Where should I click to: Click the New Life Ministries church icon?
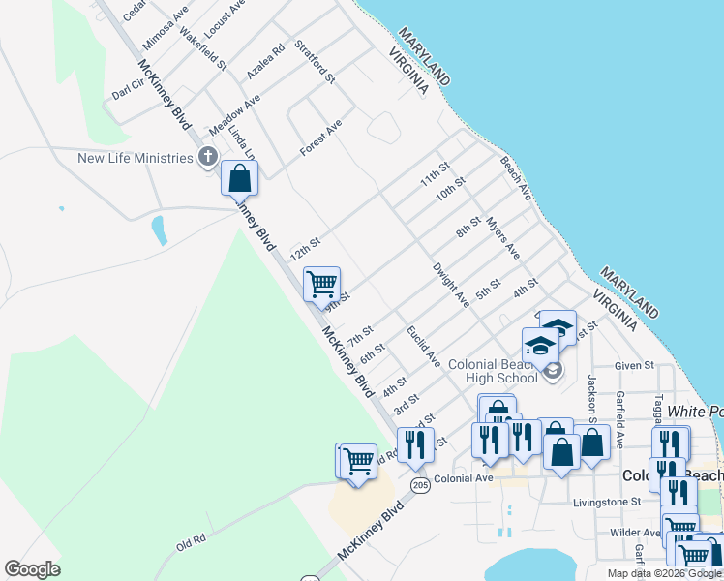point(207,158)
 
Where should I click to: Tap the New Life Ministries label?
point(136,158)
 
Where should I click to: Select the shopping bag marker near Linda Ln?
point(239,179)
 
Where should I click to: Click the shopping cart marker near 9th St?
point(320,285)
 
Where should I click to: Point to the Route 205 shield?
point(419,484)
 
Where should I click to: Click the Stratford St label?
point(315,60)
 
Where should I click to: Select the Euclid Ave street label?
point(424,347)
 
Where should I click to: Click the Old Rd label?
point(192,544)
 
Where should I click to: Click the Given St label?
point(635,365)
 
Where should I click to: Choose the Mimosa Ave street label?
point(166,31)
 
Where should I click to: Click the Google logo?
point(32,569)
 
